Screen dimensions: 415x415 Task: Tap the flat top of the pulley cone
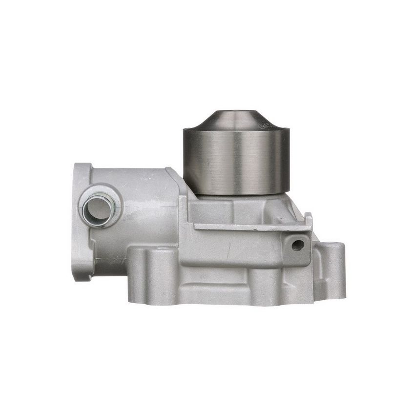point(237,113)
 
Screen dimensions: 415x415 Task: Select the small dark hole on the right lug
point(297,245)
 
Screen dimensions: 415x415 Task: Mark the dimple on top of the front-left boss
point(162,251)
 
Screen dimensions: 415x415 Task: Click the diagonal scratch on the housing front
point(228,250)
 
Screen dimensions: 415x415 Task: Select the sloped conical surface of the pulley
point(237,122)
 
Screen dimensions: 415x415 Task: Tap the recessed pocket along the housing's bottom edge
point(215,293)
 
